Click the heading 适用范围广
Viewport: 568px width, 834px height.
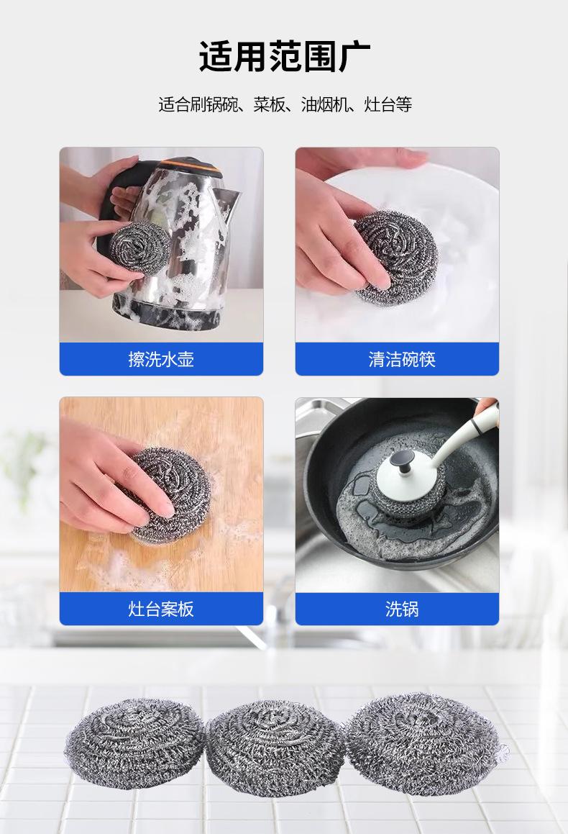tap(284, 56)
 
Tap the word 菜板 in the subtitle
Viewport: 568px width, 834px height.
tap(269, 104)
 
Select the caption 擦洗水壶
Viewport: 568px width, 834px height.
tap(161, 359)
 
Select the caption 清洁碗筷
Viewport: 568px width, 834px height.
tap(402, 359)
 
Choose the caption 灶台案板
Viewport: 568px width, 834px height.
tap(161, 609)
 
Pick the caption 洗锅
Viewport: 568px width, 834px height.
tap(402, 609)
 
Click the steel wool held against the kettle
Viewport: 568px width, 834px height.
tap(139, 248)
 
